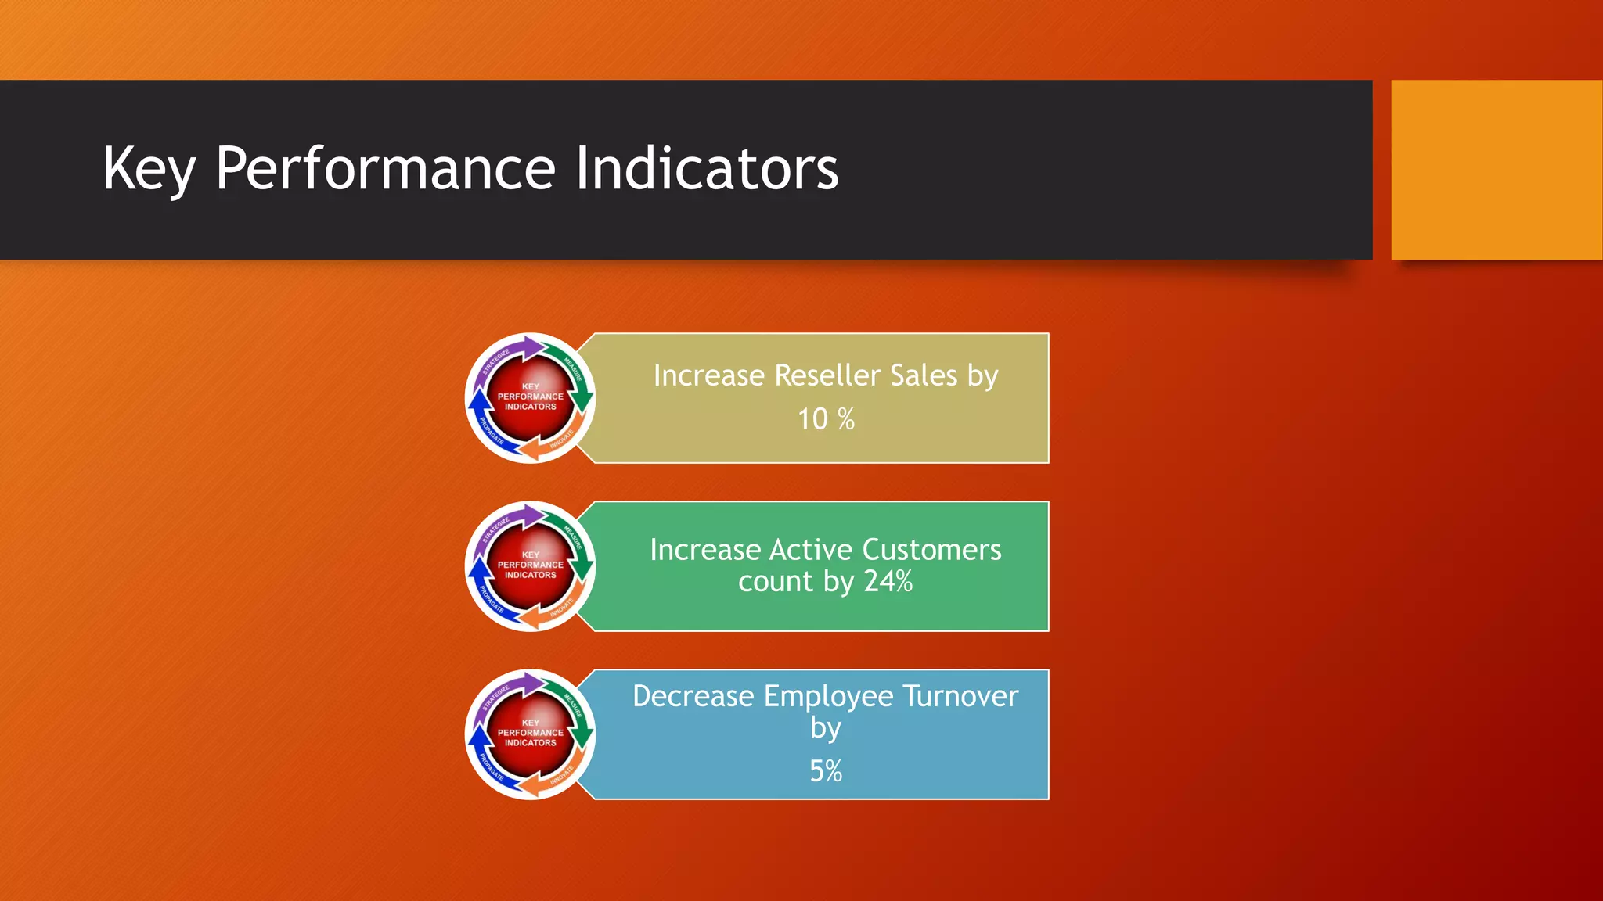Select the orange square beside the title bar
[1496, 170]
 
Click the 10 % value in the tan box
[826, 419]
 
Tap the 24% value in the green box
[888, 581]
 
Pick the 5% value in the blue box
[826, 771]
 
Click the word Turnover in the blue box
[960, 696]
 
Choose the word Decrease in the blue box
[693, 696]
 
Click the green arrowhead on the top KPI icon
[582, 401]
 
